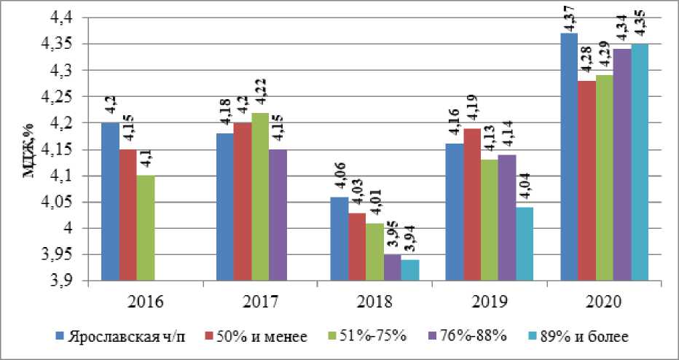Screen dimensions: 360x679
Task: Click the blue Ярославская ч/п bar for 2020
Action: (568, 157)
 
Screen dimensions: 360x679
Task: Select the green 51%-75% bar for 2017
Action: (259, 197)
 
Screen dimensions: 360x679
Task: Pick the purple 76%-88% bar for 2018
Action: (392, 267)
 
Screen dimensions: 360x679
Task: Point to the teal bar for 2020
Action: (640, 162)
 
